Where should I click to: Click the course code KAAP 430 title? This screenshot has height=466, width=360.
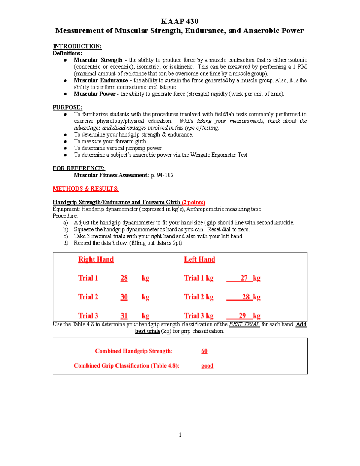pyautogui.click(x=179, y=21)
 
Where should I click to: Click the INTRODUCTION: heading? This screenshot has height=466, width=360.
pyautogui.click(x=77, y=46)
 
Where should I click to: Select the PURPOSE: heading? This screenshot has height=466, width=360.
pyautogui.click(x=67, y=107)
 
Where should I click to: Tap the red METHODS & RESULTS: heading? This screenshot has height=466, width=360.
pyautogui.click(x=86, y=189)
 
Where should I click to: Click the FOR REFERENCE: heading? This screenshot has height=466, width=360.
pyautogui.click(x=79, y=168)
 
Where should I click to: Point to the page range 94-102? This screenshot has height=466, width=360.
pyautogui.click(x=165, y=175)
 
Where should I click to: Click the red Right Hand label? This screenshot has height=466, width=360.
pyautogui.click(x=96, y=260)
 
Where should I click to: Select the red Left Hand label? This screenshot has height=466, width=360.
pyautogui.click(x=199, y=260)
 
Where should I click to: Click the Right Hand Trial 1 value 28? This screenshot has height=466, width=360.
pyautogui.click(x=124, y=278)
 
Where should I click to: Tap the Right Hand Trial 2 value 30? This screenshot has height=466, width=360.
pyautogui.click(x=124, y=297)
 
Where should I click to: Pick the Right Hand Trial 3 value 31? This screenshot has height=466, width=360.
pyautogui.click(x=124, y=316)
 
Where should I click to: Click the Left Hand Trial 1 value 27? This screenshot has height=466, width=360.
pyautogui.click(x=244, y=278)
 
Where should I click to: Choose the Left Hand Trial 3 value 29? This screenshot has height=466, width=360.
pyautogui.click(x=242, y=316)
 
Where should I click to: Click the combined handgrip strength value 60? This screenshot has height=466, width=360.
pyautogui.click(x=204, y=351)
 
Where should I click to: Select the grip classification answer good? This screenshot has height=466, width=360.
pyautogui.click(x=207, y=366)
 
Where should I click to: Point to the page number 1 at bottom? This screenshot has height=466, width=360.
pyautogui.click(x=180, y=435)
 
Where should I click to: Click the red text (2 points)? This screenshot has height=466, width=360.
pyautogui.click(x=193, y=202)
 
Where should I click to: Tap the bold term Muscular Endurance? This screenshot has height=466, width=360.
pyautogui.click(x=101, y=80)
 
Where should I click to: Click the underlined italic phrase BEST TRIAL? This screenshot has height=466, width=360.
pyautogui.click(x=244, y=324)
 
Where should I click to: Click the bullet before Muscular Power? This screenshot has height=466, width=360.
pyautogui.click(x=65, y=94)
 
